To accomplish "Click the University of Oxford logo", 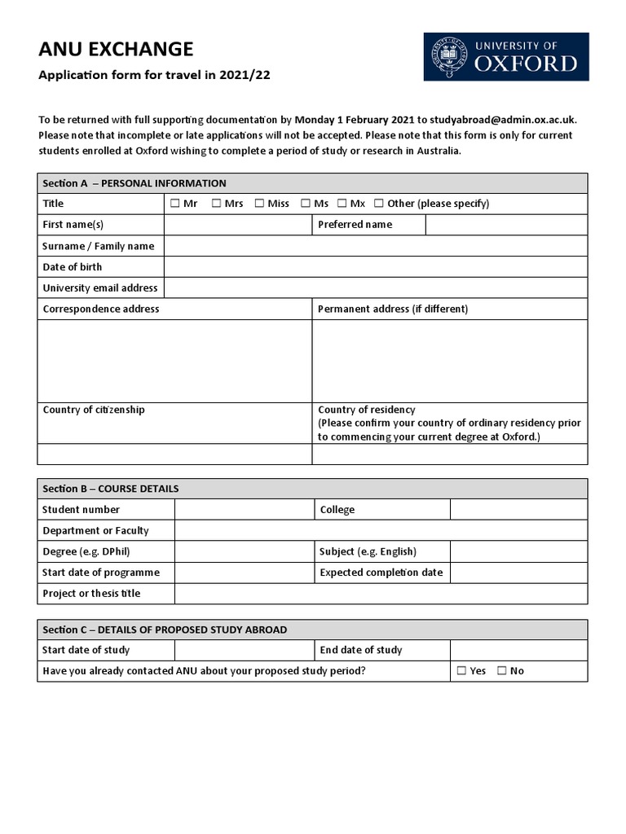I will tap(505, 56).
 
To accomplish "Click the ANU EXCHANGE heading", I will tap(116, 50).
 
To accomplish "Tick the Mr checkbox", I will tap(174, 204).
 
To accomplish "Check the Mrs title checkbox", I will tap(217, 204).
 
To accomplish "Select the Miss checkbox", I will tap(259, 204).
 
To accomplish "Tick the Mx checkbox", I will tap(342, 204).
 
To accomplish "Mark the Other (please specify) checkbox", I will tap(379, 204).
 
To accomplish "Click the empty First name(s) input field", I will tap(238, 225).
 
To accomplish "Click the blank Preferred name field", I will tap(506, 225).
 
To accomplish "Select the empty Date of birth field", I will tap(375, 267).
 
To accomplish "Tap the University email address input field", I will tap(375, 288).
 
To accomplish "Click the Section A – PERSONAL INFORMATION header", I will tap(134, 183).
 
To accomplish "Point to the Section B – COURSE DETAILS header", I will tap(111, 489).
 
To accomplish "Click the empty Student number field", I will tap(245, 510).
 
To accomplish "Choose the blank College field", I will tap(518, 510).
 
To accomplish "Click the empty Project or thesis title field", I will tap(381, 594).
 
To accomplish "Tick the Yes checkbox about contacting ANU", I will tap(461, 671).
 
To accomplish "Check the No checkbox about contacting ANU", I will tap(502, 671).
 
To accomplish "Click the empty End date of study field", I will tap(518, 650).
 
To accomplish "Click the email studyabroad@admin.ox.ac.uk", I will tap(502, 119).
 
